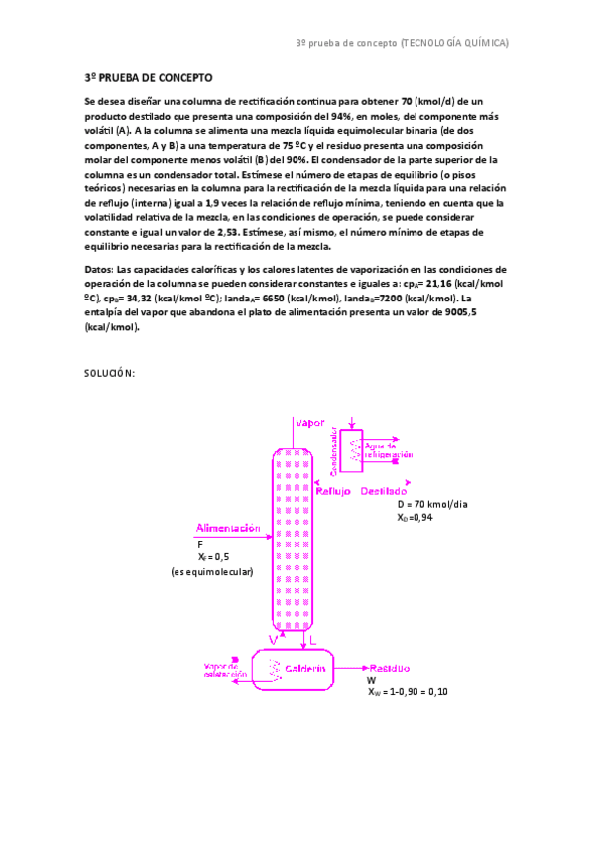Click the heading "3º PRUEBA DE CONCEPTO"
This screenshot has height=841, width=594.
[149, 78]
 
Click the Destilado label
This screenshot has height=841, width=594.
[383, 492]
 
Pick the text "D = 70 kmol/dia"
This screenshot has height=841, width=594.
[431, 504]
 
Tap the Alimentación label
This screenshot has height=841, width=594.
[228, 528]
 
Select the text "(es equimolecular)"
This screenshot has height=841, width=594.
[211, 572]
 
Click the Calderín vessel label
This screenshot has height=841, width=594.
[305, 669]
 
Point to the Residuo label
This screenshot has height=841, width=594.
[390, 669]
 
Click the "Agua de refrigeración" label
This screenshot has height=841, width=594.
[388, 450]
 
